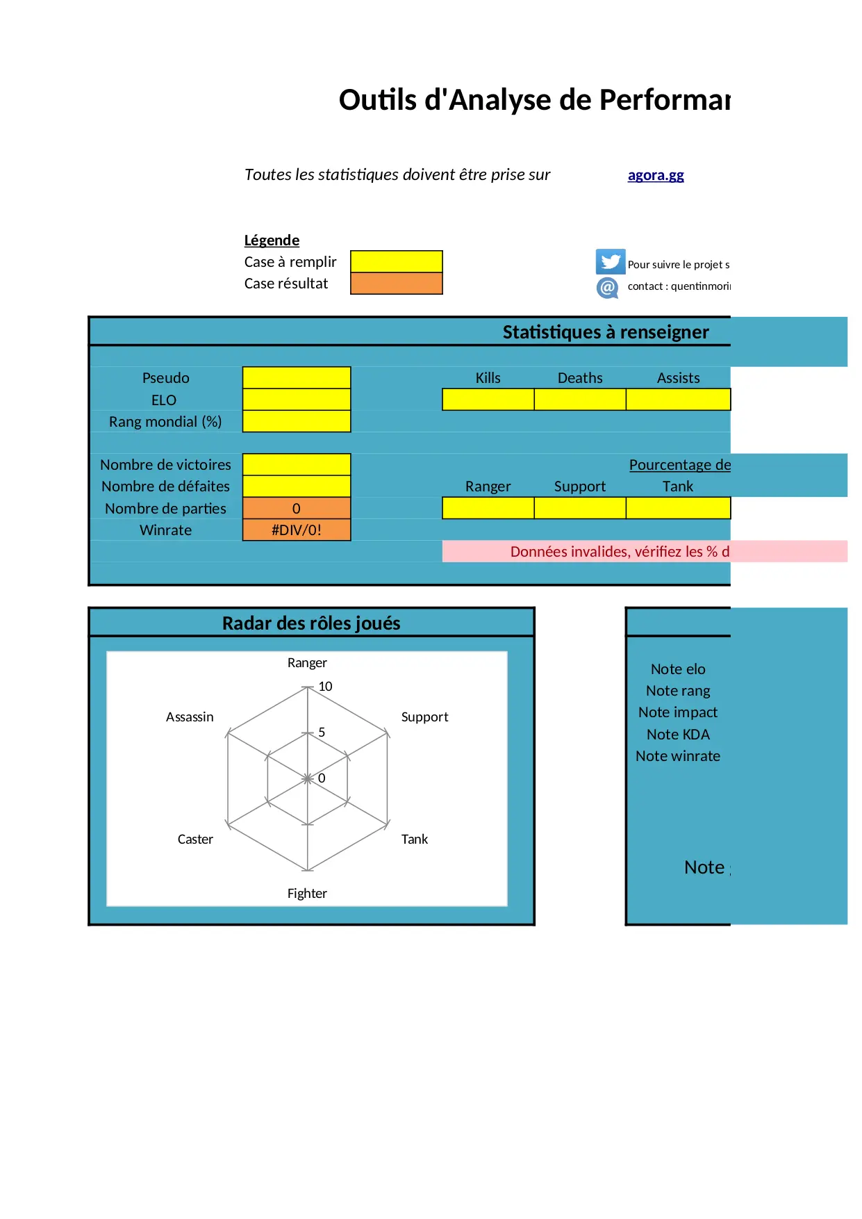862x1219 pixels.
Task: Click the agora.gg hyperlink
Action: click(656, 175)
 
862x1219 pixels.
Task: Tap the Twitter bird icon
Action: click(610, 262)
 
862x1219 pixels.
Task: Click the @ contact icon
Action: click(607, 287)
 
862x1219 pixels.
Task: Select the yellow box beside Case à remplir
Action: click(396, 261)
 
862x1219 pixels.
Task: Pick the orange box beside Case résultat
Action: click(396, 284)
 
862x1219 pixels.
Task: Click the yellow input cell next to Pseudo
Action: click(297, 377)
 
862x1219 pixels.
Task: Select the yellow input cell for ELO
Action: click(297, 400)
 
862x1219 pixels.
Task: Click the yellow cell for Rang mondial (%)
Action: click(297, 421)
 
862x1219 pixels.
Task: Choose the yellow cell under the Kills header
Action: click(488, 400)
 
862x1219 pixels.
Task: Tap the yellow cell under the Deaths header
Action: click(580, 400)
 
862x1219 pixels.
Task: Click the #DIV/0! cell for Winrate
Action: click(297, 530)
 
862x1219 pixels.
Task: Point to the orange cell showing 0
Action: click(297, 508)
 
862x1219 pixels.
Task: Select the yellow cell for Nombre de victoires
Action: click(297, 464)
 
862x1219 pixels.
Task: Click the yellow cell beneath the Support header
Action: click(580, 508)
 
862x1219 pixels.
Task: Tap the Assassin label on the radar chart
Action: click(190, 717)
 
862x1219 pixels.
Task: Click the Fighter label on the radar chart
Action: click(307, 894)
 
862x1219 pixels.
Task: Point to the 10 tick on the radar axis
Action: click(325, 687)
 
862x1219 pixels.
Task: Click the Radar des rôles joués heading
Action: click(311, 623)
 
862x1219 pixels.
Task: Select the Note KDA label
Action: click(678, 735)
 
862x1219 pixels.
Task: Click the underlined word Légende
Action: click(272, 240)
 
